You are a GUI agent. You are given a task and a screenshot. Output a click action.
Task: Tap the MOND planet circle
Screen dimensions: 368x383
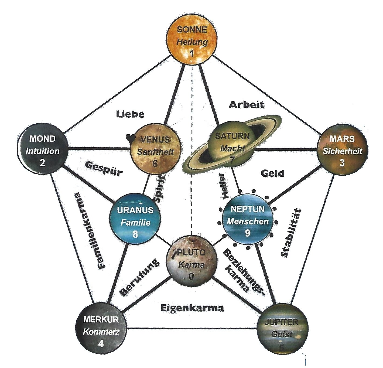point(42,150)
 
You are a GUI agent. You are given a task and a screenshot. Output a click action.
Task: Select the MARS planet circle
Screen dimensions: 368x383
point(342,150)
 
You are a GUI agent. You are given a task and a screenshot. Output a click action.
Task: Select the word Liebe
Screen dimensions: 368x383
point(130,114)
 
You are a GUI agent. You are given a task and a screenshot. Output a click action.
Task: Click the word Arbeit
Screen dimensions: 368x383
point(247,104)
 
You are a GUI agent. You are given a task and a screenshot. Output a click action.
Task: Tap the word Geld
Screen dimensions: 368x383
point(272,173)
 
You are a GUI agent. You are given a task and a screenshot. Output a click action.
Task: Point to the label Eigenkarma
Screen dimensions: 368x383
point(192,308)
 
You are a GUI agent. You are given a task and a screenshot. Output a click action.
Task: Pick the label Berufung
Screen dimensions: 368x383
point(139,277)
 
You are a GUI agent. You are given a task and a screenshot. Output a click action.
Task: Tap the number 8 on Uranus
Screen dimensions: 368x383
point(135,234)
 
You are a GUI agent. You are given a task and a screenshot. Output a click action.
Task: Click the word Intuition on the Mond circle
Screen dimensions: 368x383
point(42,151)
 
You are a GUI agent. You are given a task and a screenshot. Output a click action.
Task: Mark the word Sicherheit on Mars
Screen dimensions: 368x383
point(342,151)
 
